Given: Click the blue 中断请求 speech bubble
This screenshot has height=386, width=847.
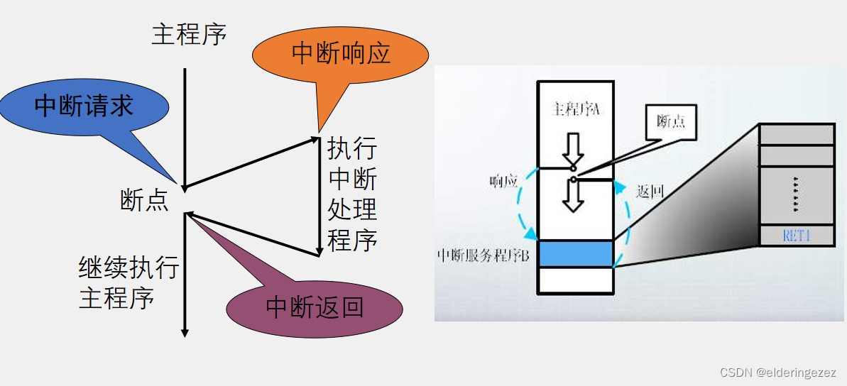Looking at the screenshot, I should (x=84, y=107).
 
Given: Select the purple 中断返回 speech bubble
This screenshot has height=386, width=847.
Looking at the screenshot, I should (x=315, y=307).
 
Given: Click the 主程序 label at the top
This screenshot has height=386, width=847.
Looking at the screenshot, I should (x=189, y=34).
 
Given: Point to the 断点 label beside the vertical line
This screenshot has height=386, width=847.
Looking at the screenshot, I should (x=144, y=201).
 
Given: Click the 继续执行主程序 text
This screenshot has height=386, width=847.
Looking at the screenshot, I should (x=128, y=282).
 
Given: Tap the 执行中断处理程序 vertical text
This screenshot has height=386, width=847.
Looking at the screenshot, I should (x=352, y=195).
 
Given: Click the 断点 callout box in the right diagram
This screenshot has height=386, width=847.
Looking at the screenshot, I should (x=671, y=121).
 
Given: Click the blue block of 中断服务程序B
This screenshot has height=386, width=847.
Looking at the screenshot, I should (x=576, y=253).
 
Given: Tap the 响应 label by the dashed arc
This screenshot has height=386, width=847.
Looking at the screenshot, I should (x=502, y=182).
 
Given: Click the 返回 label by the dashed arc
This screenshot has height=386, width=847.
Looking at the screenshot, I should (x=649, y=192).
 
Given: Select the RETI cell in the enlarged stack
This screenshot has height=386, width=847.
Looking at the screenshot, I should (x=797, y=236).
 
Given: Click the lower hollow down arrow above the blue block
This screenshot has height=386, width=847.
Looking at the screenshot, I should (x=572, y=195).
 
